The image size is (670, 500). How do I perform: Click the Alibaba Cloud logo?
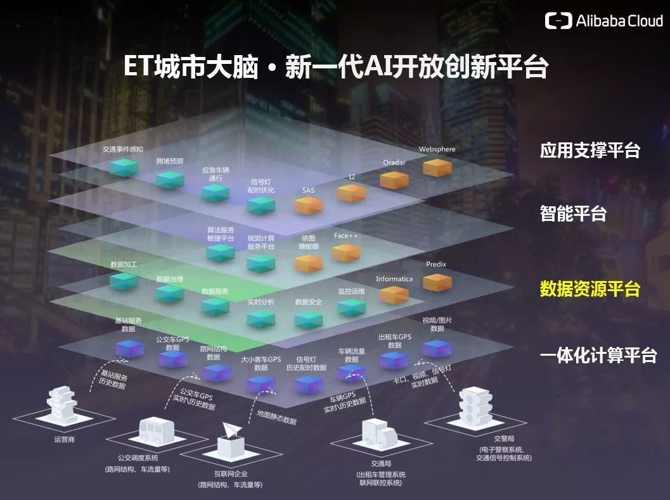coord(603,20)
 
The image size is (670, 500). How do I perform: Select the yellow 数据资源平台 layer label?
coord(589,289)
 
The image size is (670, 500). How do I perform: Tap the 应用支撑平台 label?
coord(589,150)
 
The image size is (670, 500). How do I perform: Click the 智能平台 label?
coord(573,213)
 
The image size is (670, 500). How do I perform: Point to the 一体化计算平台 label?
coord(598,355)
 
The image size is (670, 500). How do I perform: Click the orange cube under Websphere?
coord(437,167)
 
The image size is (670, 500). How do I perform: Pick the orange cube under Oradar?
coord(394,180)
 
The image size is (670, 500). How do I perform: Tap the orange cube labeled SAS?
coord(308,206)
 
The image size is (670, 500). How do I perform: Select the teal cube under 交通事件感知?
coord(124,167)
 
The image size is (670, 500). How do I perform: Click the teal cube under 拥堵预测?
coord(170,180)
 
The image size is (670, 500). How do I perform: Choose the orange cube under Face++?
coord(346,253)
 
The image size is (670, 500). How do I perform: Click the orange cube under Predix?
coord(437,282)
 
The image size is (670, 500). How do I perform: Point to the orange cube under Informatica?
coord(394,295)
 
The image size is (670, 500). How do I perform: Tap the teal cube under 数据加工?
coord(124,282)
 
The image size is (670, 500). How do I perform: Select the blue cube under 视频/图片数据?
coord(437,349)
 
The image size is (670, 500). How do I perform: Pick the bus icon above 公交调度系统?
coord(157,430)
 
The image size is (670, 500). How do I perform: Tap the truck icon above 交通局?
coord(380,434)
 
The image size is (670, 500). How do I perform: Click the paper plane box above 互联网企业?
coord(231,439)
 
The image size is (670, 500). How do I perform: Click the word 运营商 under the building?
coord(64,439)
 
